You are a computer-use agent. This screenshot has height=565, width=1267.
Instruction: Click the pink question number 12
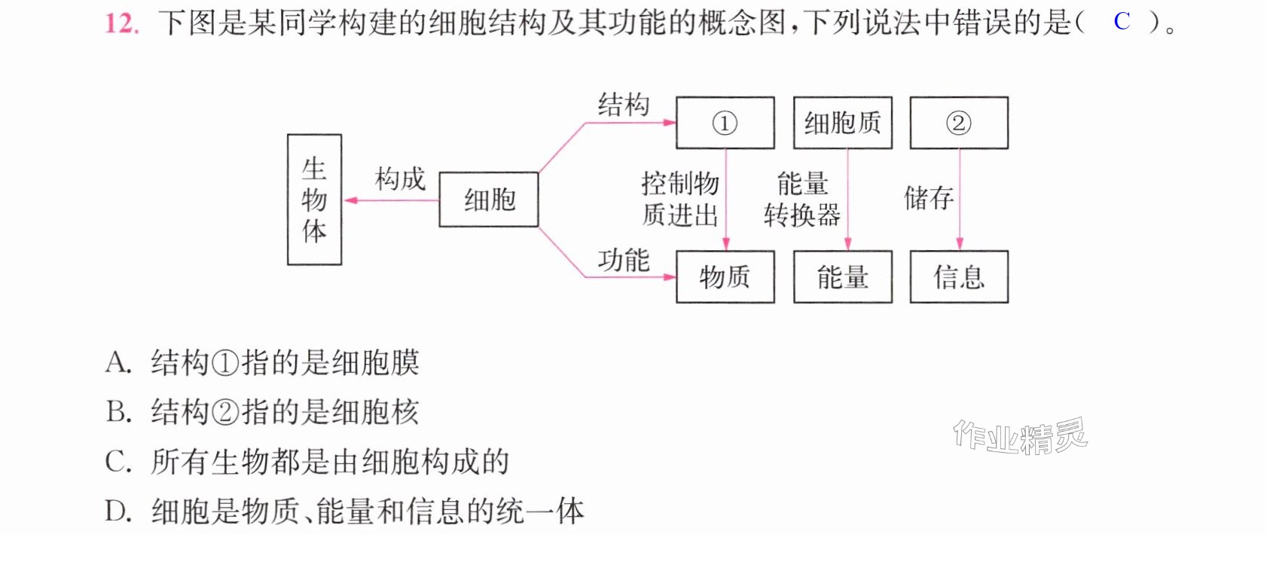coord(121,24)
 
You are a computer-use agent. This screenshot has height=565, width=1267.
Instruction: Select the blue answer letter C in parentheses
coord(1122,22)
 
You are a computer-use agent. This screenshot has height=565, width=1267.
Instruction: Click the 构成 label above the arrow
coord(400,179)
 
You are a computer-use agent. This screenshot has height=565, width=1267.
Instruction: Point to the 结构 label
coord(623,105)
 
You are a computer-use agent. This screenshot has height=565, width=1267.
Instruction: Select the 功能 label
coord(623,260)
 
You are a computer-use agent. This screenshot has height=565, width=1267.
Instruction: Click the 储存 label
coord(929,198)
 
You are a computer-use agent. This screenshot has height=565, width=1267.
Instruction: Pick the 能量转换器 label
coord(802,200)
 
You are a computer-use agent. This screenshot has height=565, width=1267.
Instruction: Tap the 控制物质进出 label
coord(680,200)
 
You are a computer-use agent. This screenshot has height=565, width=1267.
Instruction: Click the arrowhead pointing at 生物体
coord(351,200)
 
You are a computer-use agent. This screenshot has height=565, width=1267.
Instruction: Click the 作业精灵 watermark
coord(1021,436)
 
